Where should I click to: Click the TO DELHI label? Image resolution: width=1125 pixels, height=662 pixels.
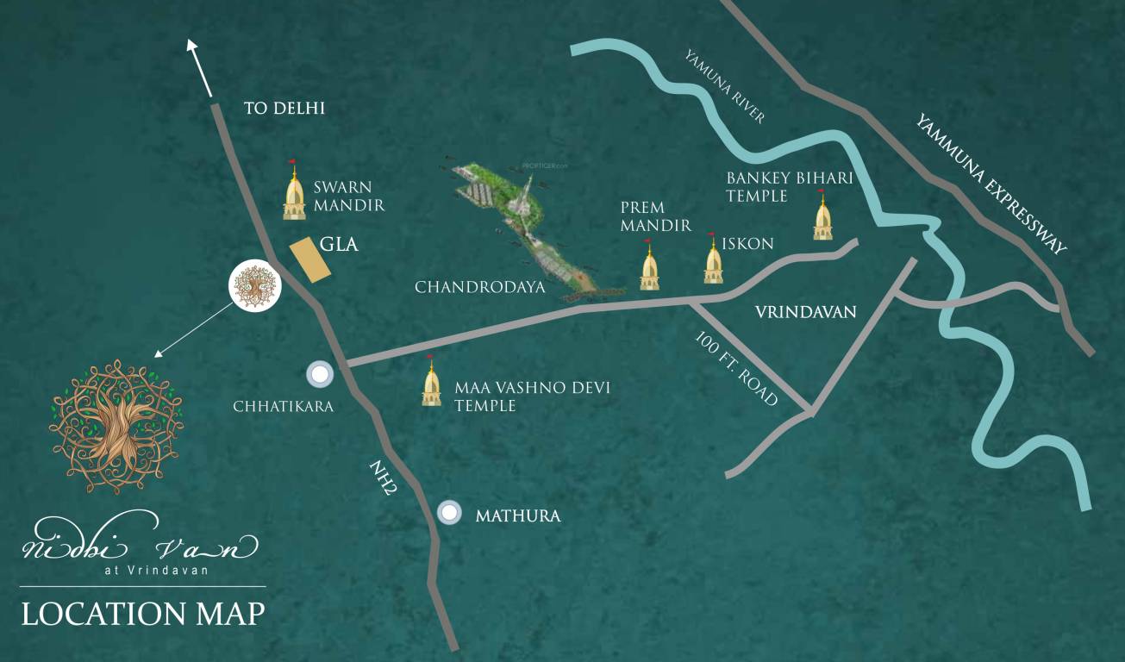283,109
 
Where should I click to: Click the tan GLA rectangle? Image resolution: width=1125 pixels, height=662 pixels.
309,259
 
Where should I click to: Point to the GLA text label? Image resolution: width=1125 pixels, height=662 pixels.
339,245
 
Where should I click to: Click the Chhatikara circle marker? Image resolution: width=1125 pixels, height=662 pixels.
320,374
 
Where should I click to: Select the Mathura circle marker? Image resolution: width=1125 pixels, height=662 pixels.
449,513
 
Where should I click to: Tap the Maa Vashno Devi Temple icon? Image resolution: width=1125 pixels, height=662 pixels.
431,384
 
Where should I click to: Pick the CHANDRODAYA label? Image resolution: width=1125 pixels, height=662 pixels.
480,287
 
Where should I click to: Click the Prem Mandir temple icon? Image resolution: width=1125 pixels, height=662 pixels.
649,266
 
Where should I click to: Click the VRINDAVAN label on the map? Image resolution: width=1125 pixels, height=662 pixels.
805,312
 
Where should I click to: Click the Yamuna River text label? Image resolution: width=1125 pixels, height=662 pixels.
724,87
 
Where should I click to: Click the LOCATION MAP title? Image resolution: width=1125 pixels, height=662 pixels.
143,614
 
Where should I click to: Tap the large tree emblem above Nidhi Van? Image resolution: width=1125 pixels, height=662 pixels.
117,426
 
